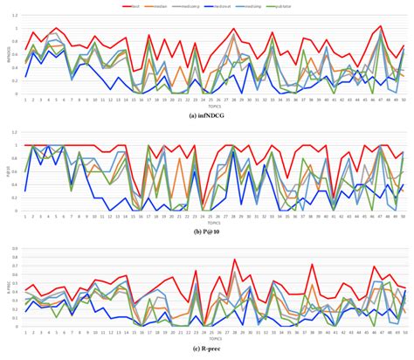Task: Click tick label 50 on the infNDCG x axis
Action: (x=403, y=100)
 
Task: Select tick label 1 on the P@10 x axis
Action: (x=25, y=216)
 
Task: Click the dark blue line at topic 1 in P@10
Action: (x=25, y=190)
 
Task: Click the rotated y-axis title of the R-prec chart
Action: (x=5, y=286)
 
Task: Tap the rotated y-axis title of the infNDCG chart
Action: (x=5, y=53)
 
